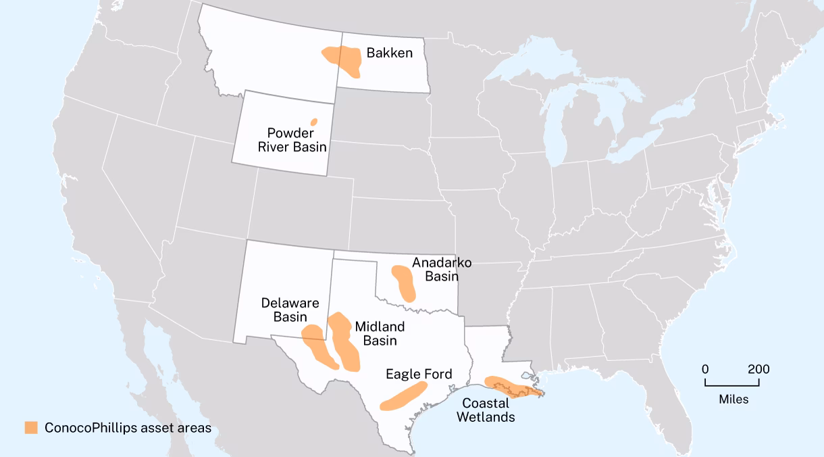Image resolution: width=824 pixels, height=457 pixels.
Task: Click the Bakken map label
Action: [x=389, y=53]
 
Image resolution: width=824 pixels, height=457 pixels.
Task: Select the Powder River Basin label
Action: [x=297, y=140]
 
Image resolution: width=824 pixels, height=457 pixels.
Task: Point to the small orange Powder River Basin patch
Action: [x=314, y=122]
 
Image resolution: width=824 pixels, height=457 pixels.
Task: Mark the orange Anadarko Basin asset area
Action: [x=405, y=282]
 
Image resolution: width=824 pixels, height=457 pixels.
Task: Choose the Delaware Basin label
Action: [x=290, y=310]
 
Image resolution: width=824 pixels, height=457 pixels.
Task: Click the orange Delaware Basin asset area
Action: [x=319, y=345]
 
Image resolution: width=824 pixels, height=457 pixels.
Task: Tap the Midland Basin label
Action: [x=380, y=333]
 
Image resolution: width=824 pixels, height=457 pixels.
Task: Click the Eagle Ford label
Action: [x=419, y=374]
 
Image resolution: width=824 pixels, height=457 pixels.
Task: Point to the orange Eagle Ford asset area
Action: [x=404, y=397]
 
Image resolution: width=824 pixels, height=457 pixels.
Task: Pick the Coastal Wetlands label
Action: [x=486, y=410]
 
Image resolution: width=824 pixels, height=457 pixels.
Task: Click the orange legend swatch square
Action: [x=31, y=428]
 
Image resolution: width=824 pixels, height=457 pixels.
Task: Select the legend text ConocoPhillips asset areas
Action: [x=128, y=428]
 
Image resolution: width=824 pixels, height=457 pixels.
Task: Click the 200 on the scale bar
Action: [x=758, y=369]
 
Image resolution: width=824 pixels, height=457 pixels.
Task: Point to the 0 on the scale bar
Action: [x=705, y=369]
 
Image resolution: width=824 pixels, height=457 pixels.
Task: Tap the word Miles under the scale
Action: [x=733, y=399]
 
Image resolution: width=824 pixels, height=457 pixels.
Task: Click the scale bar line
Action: [x=732, y=385]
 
